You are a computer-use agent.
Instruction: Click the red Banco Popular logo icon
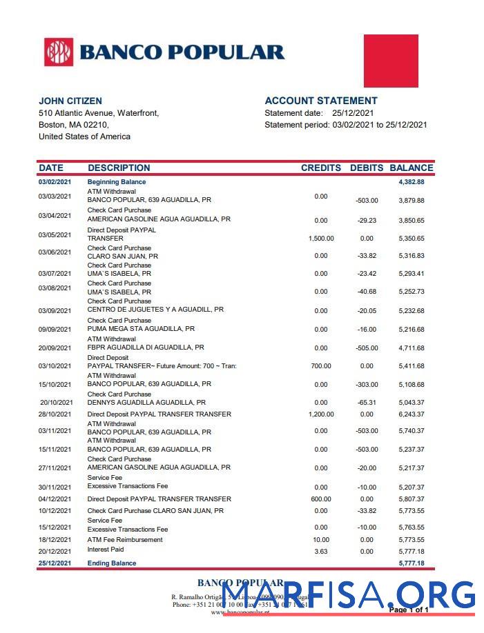[59, 52]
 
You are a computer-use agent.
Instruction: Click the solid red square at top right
[391, 61]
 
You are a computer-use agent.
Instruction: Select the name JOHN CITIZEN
[70, 101]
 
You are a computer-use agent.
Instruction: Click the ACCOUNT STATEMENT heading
[321, 101]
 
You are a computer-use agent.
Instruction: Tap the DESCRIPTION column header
[119, 168]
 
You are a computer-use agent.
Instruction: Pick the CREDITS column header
[321, 168]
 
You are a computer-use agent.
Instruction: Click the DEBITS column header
[367, 168]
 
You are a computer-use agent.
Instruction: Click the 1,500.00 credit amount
[321, 239]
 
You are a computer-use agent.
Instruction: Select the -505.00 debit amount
[367, 348]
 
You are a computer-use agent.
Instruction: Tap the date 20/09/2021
[55, 348]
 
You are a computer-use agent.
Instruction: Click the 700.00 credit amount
[321, 366]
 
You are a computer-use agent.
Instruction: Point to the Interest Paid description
[106, 550]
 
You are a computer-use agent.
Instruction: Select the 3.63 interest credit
[321, 552]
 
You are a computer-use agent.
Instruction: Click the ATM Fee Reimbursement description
[125, 539]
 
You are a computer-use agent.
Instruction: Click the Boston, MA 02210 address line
[74, 125]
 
